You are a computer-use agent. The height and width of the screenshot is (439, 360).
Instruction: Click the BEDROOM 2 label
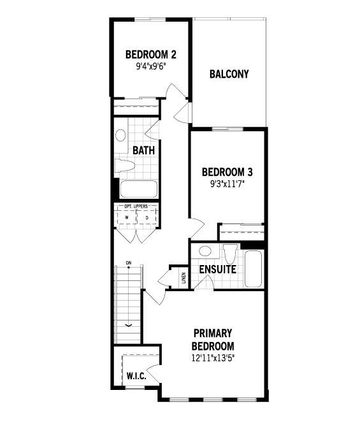pos(151,55)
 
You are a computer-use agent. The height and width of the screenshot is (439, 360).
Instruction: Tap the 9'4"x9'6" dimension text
pos(151,67)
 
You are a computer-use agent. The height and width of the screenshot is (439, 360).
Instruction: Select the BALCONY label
pos(229,74)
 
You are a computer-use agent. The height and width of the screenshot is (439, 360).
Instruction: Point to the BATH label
pos(143,150)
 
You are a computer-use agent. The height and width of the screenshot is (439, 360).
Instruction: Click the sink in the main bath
pos(120,135)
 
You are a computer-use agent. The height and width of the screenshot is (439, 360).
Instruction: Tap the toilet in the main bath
pos(125,165)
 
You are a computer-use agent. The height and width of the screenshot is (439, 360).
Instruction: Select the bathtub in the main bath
pos(138,189)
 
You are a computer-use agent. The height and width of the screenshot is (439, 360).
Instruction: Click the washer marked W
pos(127,217)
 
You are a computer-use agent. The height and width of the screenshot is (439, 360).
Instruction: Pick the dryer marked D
pos(147,217)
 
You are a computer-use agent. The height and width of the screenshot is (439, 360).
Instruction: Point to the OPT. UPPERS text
pos(136,206)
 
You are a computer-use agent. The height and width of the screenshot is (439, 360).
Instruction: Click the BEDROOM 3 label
pos(227,172)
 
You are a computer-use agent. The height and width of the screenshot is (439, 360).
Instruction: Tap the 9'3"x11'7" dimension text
pos(227,184)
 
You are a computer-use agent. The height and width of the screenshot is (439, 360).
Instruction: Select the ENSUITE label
pos(218,270)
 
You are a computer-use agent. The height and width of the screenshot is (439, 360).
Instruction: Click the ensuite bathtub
pos(253,269)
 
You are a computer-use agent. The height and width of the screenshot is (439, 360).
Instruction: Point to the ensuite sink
pos(205,251)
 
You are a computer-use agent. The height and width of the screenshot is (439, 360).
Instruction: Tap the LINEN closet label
pos(184,278)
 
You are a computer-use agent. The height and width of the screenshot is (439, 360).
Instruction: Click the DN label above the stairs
pos(129,263)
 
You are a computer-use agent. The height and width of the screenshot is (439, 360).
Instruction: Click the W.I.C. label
pos(136,376)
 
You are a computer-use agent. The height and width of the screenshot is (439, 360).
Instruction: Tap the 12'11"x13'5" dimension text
pos(213,358)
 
